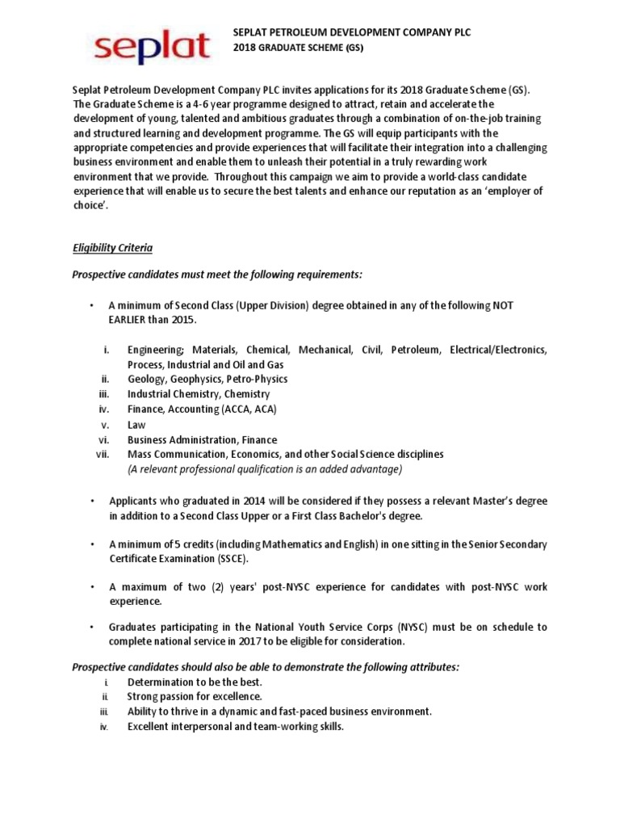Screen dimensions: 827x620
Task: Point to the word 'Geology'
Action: (146, 379)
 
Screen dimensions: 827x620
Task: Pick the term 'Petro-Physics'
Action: (257, 379)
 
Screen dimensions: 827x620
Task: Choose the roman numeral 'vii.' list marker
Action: (103, 455)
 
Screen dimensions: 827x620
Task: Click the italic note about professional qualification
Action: (265, 469)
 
